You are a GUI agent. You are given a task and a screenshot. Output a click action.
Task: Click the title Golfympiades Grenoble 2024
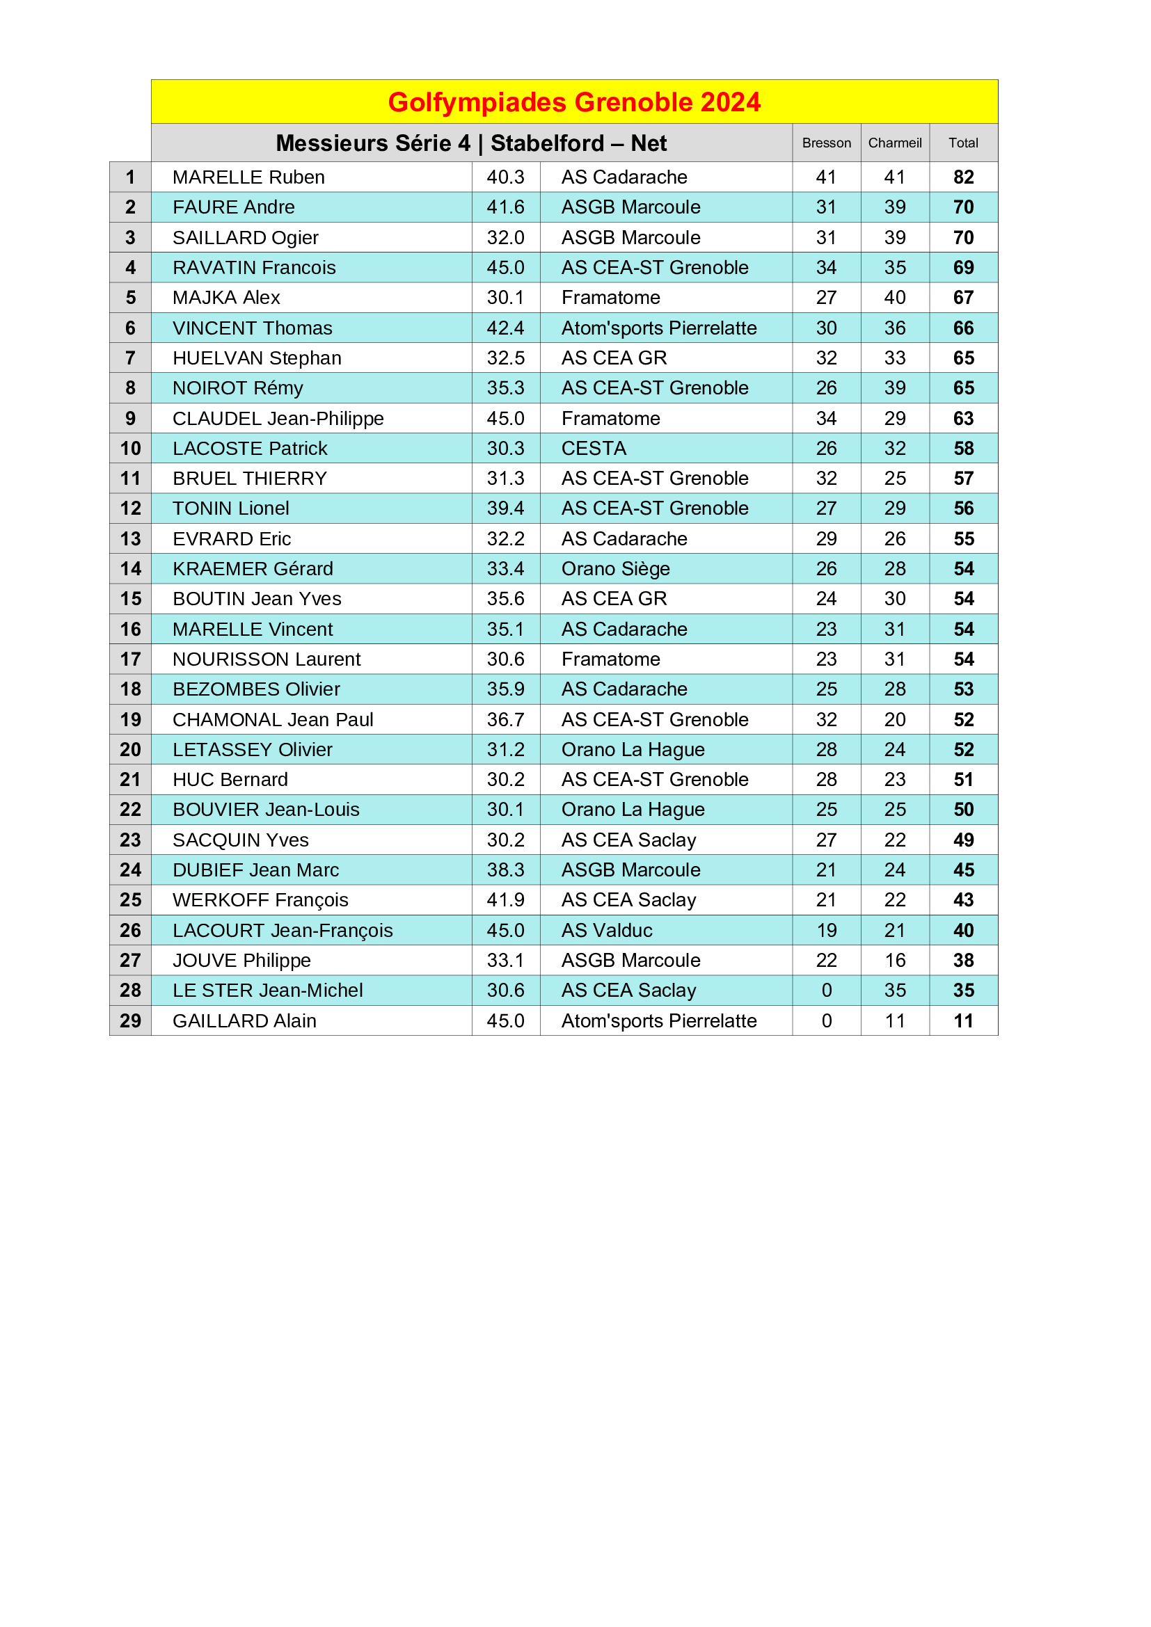tap(574, 102)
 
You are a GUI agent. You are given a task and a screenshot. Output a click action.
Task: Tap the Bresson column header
tap(827, 143)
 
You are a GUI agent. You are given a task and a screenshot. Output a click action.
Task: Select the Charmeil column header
tap(895, 143)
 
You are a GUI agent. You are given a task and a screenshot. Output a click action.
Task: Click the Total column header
tap(963, 143)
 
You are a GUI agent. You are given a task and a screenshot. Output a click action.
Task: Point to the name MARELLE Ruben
tap(248, 177)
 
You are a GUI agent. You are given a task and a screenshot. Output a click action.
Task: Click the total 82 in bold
tap(963, 177)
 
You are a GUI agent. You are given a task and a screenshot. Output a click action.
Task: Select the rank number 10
tap(130, 449)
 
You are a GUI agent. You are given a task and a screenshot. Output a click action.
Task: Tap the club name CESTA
tap(594, 449)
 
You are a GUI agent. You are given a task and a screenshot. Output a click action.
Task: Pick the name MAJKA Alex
tap(226, 298)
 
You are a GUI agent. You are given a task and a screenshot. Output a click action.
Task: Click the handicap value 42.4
tap(505, 328)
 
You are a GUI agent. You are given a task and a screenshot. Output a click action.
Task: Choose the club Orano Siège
tap(615, 569)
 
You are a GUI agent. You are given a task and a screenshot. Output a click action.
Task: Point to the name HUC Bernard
tap(230, 780)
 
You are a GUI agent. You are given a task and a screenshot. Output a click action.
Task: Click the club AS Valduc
tap(607, 931)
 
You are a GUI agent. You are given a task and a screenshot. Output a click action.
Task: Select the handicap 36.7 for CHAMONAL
tap(505, 720)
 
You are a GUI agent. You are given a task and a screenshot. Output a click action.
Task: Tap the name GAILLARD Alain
tap(244, 1021)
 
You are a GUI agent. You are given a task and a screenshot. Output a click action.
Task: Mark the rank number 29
tap(130, 1021)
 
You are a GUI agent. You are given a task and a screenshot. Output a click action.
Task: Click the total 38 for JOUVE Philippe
tap(963, 961)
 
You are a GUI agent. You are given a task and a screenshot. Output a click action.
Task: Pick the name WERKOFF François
tap(260, 900)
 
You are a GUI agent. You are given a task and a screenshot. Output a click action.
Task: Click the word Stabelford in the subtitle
tap(547, 143)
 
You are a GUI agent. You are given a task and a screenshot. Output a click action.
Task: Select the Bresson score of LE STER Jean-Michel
tap(827, 991)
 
